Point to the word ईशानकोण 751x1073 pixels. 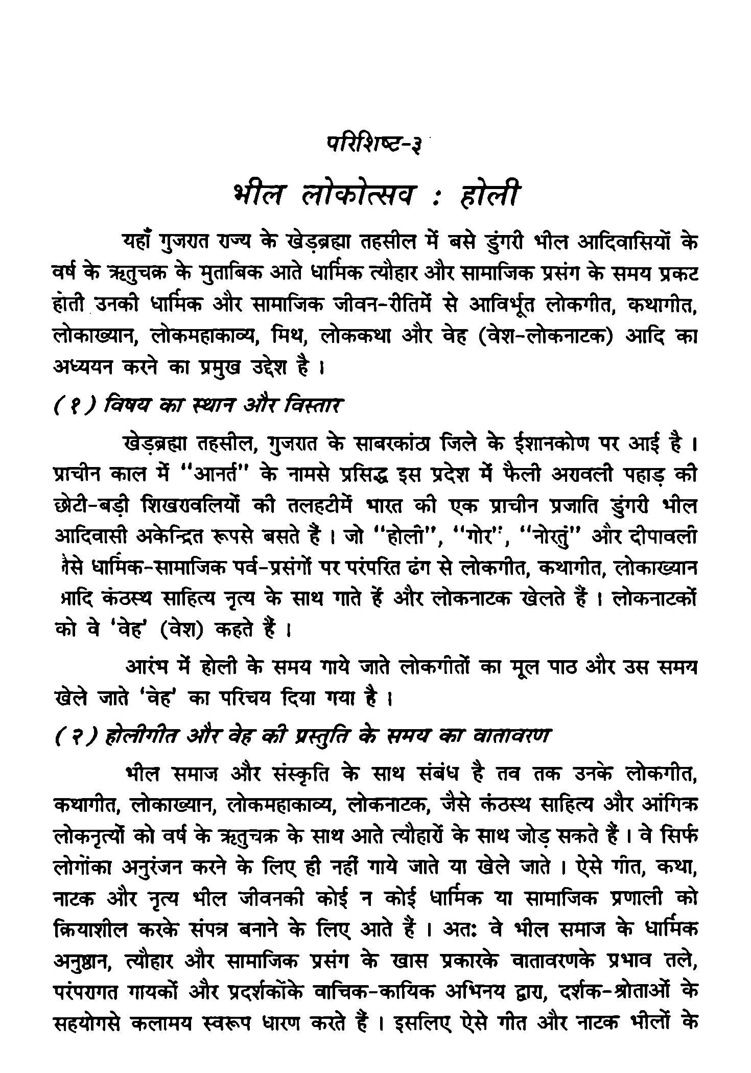coord(545,445)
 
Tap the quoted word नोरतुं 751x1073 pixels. coord(551,538)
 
